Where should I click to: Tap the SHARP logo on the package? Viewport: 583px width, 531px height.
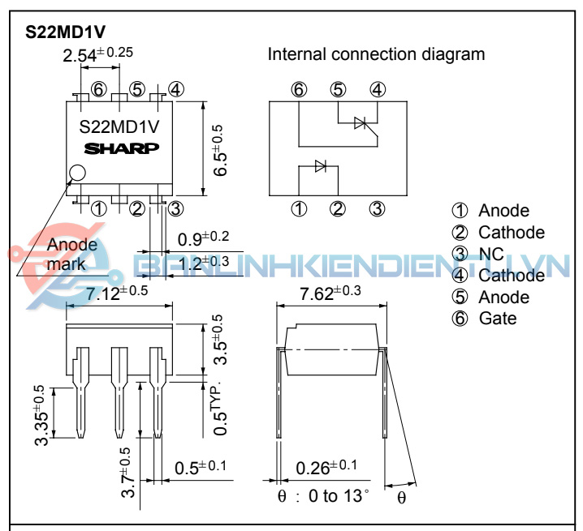[123, 148]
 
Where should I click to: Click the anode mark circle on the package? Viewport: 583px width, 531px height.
[78, 172]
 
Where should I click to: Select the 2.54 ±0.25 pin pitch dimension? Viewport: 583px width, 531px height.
[97, 55]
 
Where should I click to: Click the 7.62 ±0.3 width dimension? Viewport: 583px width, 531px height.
[330, 293]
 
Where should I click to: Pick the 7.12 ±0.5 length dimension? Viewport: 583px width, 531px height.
[117, 293]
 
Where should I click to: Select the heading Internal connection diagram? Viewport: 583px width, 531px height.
[376, 55]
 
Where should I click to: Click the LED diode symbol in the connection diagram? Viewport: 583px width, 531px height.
[320, 166]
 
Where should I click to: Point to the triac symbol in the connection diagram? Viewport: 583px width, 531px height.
[362, 123]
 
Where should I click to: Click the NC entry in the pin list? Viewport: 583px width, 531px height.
[490, 254]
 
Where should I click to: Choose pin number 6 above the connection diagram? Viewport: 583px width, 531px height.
[300, 90]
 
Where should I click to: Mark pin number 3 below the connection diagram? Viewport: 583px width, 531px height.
[377, 208]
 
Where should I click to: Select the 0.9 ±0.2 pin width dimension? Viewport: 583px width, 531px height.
[203, 238]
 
